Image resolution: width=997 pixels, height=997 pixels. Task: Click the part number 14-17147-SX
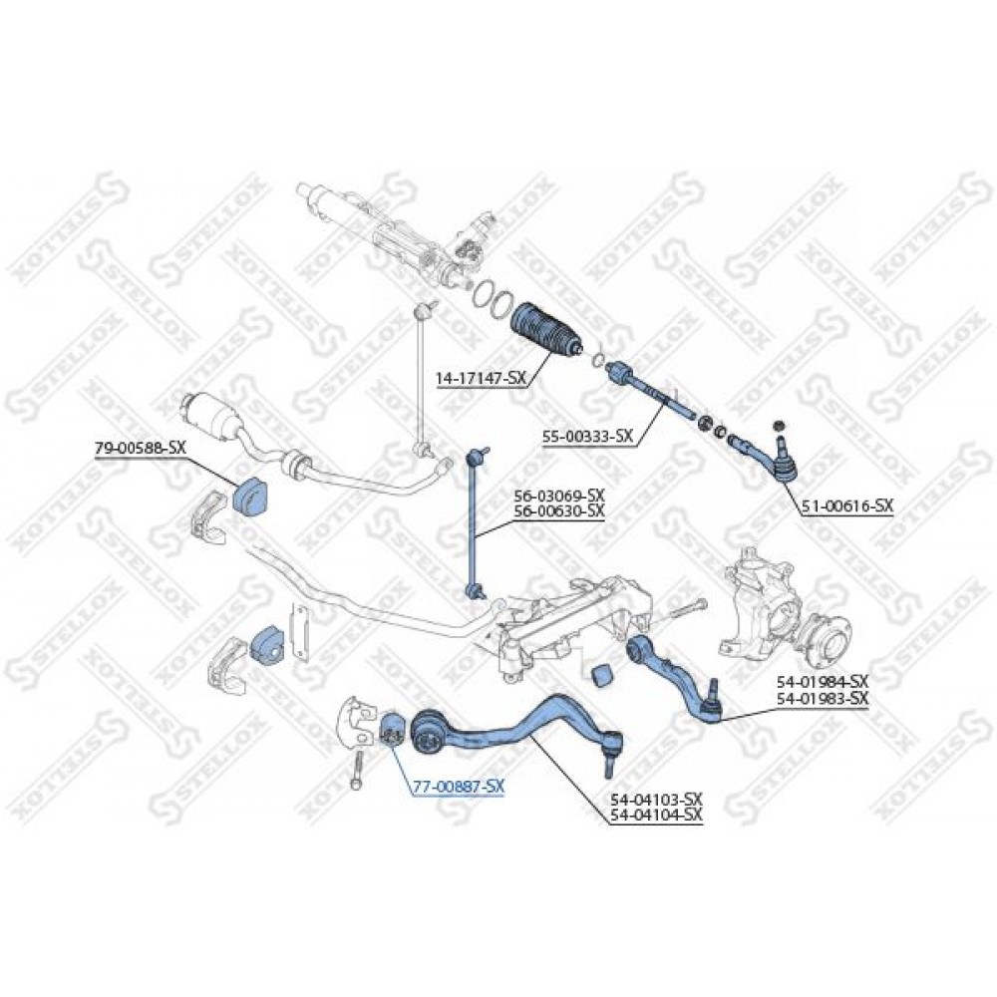coord(482,378)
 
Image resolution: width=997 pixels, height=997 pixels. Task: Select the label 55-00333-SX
coord(588,437)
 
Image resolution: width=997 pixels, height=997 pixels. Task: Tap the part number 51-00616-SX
coord(847,506)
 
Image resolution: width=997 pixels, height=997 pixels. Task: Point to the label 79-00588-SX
coord(140,448)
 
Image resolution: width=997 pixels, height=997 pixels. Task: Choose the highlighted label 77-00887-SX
coord(459,787)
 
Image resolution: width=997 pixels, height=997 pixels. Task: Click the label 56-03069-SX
coord(559,495)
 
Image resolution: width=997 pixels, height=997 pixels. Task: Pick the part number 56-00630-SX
coord(559,509)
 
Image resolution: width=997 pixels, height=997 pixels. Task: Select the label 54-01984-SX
coord(823,682)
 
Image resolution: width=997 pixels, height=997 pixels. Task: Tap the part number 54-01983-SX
coord(823,698)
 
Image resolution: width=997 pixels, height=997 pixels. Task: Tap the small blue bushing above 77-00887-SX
coord(390,731)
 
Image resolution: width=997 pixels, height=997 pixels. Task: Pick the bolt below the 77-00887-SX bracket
coord(358,770)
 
